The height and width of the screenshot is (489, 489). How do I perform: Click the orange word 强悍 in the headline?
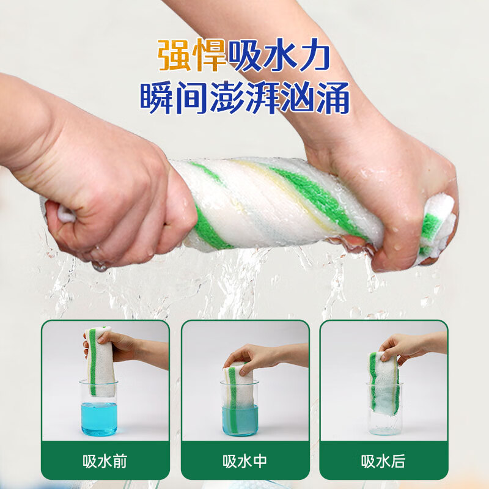click(192, 56)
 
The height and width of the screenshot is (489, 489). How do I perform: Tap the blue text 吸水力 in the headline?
click(279, 56)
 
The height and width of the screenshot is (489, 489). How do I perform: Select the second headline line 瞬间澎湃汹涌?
click(244, 98)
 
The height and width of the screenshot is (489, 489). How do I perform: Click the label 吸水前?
click(105, 461)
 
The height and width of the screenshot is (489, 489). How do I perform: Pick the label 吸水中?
click(244, 461)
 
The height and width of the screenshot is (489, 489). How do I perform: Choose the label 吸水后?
click(383, 461)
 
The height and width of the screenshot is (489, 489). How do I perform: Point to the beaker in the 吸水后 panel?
click(384, 410)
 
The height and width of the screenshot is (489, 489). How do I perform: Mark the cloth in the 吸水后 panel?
click(384, 382)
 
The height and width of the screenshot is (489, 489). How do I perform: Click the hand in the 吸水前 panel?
click(122, 346)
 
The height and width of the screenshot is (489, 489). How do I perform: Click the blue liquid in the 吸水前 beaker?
click(99, 418)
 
